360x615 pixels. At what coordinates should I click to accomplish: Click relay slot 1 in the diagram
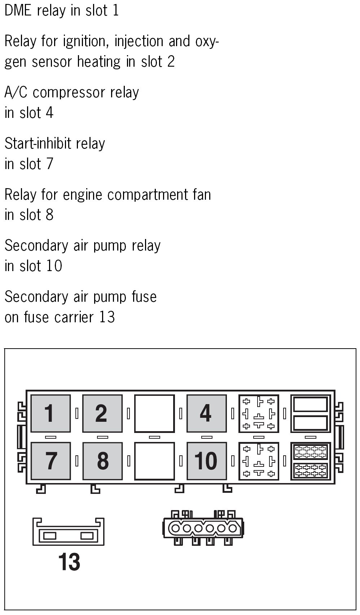(x=51, y=413)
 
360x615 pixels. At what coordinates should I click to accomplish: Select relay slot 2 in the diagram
(x=102, y=413)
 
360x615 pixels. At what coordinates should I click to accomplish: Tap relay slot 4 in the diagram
(x=206, y=413)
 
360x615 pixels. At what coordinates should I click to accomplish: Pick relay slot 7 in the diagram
(x=51, y=461)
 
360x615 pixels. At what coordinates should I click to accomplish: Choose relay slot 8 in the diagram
(x=102, y=461)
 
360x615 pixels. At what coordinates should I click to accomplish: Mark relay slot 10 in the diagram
(x=206, y=461)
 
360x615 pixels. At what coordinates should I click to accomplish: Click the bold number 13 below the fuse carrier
(x=69, y=562)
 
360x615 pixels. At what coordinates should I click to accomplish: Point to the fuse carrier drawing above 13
(x=69, y=532)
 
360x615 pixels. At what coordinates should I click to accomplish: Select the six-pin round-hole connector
(x=203, y=528)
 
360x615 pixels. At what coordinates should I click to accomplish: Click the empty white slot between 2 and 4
(x=154, y=413)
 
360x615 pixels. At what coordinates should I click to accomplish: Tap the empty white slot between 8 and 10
(x=154, y=461)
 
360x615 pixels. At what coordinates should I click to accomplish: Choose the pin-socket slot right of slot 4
(x=259, y=413)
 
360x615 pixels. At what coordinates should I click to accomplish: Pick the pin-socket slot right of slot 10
(x=259, y=461)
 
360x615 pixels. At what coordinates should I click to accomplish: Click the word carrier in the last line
(x=74, y=317)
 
